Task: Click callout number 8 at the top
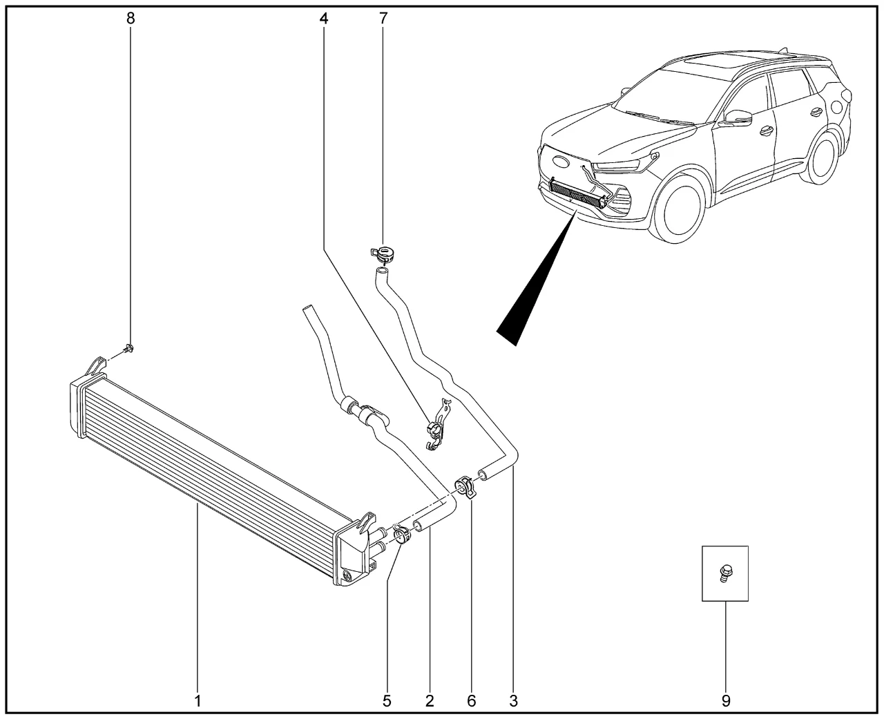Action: tap(131, 19)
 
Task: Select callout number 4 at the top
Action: tap(324, 19)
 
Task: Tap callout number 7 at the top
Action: tap(383, 19)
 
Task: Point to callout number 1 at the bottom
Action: tap(198, 701)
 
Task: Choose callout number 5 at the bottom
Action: tap(387, 701)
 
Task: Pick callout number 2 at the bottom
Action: tap(430, 701)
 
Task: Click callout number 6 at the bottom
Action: tap(472, 701)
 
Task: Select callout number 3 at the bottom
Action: tap(513, 701)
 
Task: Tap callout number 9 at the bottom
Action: tap(726, 701)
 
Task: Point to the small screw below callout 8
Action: tap(128, 349)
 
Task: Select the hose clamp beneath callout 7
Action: tap(383, 254)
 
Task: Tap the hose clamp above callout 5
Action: tap(402, 535)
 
